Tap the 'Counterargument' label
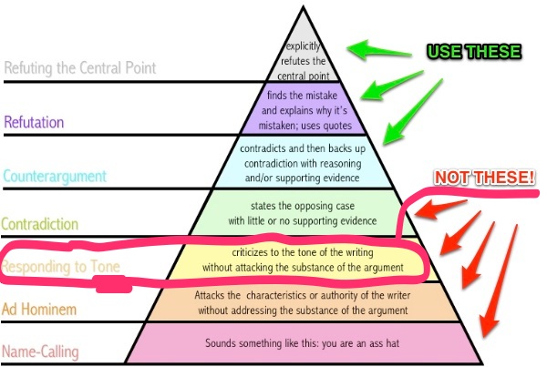(x=56, y=176)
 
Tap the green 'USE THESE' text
(x=473, y=51)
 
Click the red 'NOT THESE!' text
(x=484, y=178)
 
